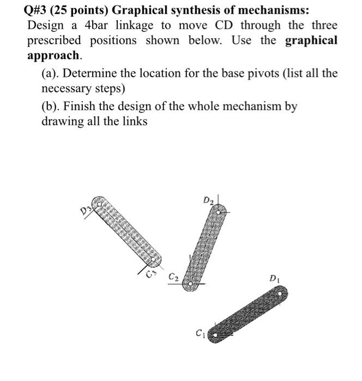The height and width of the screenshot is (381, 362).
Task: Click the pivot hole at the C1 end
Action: click(x=216, y=336)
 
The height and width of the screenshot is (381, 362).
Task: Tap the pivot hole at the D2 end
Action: click(x=219, y=210)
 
